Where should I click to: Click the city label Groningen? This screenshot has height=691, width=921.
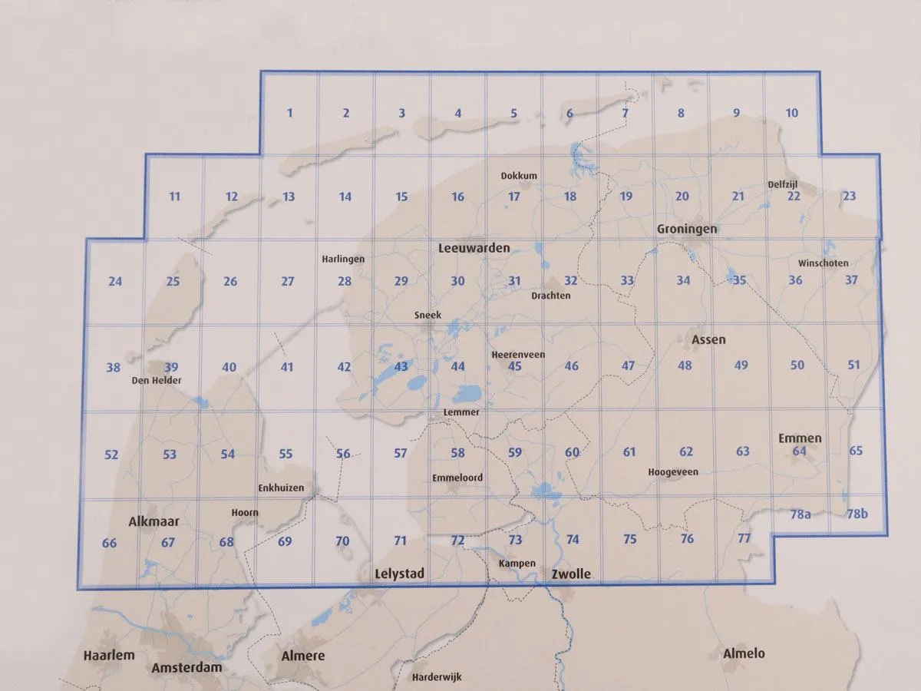point(687,229)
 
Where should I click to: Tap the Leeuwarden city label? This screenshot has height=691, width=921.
point(474,249)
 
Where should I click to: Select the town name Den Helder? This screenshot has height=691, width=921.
point(156,379)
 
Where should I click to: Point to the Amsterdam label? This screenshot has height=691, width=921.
point(187,667)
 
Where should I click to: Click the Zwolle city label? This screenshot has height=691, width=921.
point(570,574)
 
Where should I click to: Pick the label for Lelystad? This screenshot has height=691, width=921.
point(399,574)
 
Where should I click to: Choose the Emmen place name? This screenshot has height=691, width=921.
point(800,438)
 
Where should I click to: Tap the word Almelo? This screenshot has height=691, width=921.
point(744,653)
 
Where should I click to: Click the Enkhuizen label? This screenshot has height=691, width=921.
point(281,488)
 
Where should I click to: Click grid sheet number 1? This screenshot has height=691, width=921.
point(289,113)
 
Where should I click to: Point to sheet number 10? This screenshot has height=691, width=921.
point(792,113)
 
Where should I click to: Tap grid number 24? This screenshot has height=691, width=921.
point(115,281)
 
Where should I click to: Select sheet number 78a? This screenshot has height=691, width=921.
point(801,514)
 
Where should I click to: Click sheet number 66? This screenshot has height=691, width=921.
point(109,544)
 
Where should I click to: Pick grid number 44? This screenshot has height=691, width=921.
point(457,366)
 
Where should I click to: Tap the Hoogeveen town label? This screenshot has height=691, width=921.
point(673,471)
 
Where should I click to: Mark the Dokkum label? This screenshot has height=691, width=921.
point(519,176)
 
